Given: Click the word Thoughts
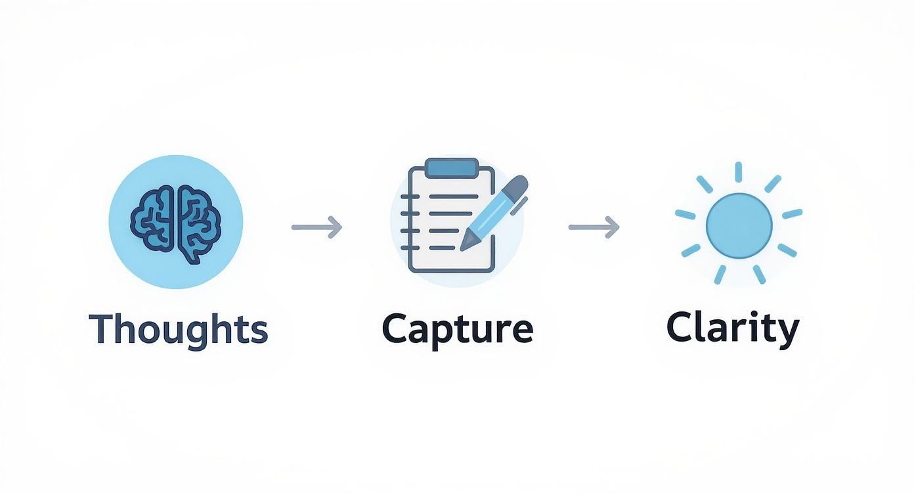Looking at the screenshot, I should tap(179, 328).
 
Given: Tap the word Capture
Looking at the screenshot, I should tap(457, 330).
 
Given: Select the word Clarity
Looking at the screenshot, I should tap(733, 328).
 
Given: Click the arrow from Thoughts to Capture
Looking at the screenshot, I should tap(317, 227).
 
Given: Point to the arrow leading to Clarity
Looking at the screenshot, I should tap(594, 227).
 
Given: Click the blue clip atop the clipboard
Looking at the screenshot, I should tap(451, 168).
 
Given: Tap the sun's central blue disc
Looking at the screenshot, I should tap(739, 225).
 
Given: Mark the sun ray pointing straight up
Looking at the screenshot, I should tap(739, 171).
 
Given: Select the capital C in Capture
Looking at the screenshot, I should tap(395, 328).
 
